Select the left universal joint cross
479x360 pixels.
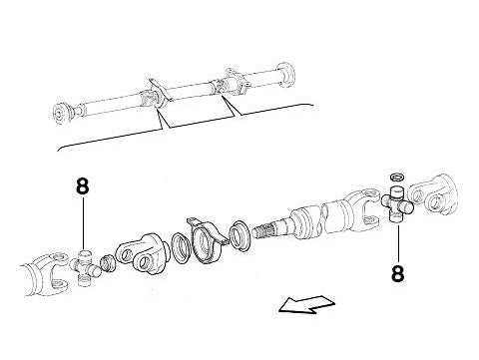[x=84, y=265]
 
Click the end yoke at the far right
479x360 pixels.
[x=440, y=194]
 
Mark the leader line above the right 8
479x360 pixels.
[x=397, y=239]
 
